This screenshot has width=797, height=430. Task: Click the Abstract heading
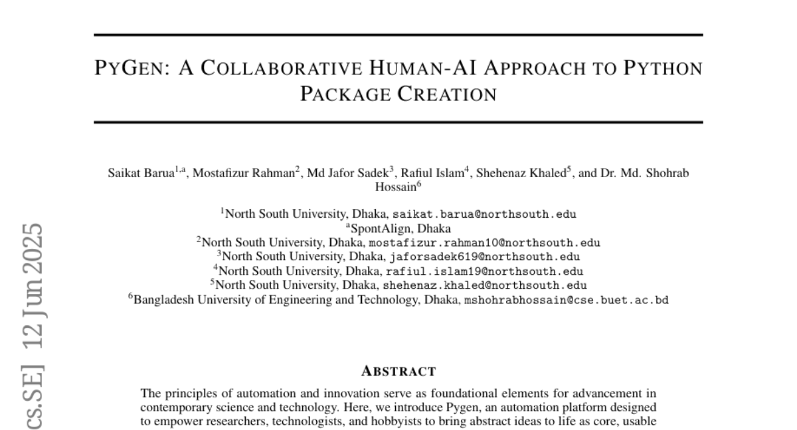click(x=398, y=370)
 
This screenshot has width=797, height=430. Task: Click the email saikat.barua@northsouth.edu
click(x=484, y=214)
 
